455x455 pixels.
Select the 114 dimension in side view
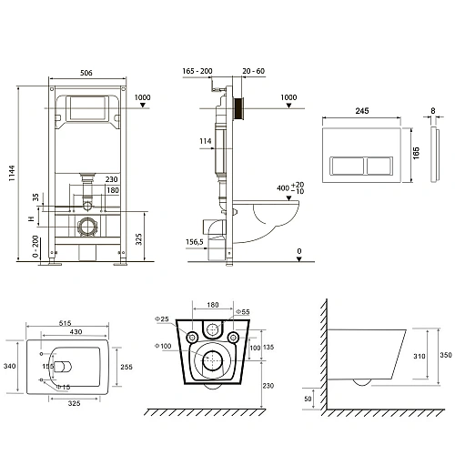[206, 140]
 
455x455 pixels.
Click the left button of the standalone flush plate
[342, 167]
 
